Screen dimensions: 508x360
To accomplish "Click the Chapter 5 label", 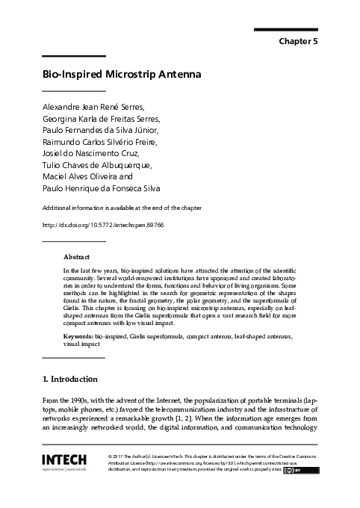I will [299, 42].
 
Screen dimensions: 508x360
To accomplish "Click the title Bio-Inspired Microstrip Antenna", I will [117, 76].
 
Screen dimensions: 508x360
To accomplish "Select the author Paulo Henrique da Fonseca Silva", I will [101, 189].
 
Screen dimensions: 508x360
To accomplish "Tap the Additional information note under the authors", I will [122, 207].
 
